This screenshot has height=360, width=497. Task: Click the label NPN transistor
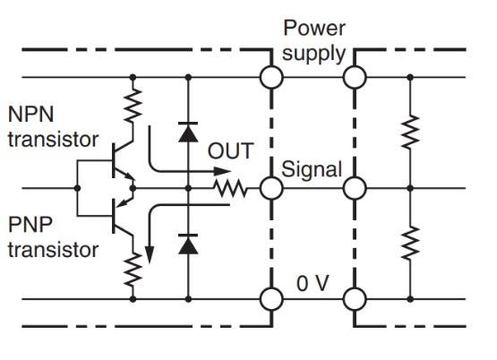point(53,127)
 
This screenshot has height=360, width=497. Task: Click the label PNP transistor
point(53,237)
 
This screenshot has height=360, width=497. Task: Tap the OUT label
point(230,150)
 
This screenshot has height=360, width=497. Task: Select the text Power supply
point(313,40)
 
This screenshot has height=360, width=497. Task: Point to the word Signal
point(312,169)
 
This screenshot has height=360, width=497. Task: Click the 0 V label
point(313,283)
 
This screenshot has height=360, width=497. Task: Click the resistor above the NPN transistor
point(133,106)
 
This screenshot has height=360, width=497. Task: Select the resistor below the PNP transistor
point(133,269)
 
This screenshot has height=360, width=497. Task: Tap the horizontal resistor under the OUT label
point(230,188)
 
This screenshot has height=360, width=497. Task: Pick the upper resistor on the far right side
point(410,132)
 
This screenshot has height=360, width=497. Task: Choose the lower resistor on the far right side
point(410,243)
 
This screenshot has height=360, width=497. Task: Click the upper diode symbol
point(188,132)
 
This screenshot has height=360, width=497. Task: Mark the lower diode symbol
point(188,244)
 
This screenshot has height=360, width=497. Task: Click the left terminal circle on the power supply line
point(271,77)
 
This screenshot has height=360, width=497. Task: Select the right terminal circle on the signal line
point(355,188)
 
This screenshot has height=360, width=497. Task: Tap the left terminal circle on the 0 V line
point(271,299)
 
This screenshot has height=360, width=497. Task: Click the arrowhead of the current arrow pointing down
point(150,255)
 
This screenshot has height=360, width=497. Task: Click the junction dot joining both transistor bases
point(77,188)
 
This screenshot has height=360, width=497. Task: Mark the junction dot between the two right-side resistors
point(410,188)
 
